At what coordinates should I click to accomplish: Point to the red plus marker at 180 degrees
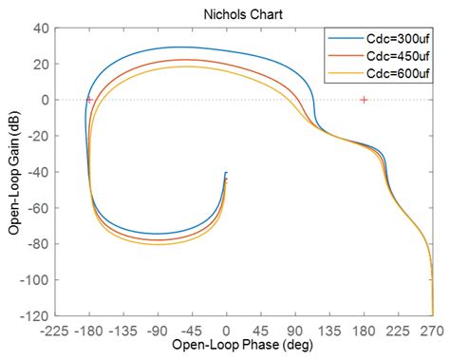364,100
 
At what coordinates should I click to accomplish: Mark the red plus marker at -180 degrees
89,100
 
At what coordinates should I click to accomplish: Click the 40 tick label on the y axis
41,28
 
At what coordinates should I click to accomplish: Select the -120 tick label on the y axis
36,314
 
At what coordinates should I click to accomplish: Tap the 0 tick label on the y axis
45,100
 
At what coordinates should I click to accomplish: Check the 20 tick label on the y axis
41,64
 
